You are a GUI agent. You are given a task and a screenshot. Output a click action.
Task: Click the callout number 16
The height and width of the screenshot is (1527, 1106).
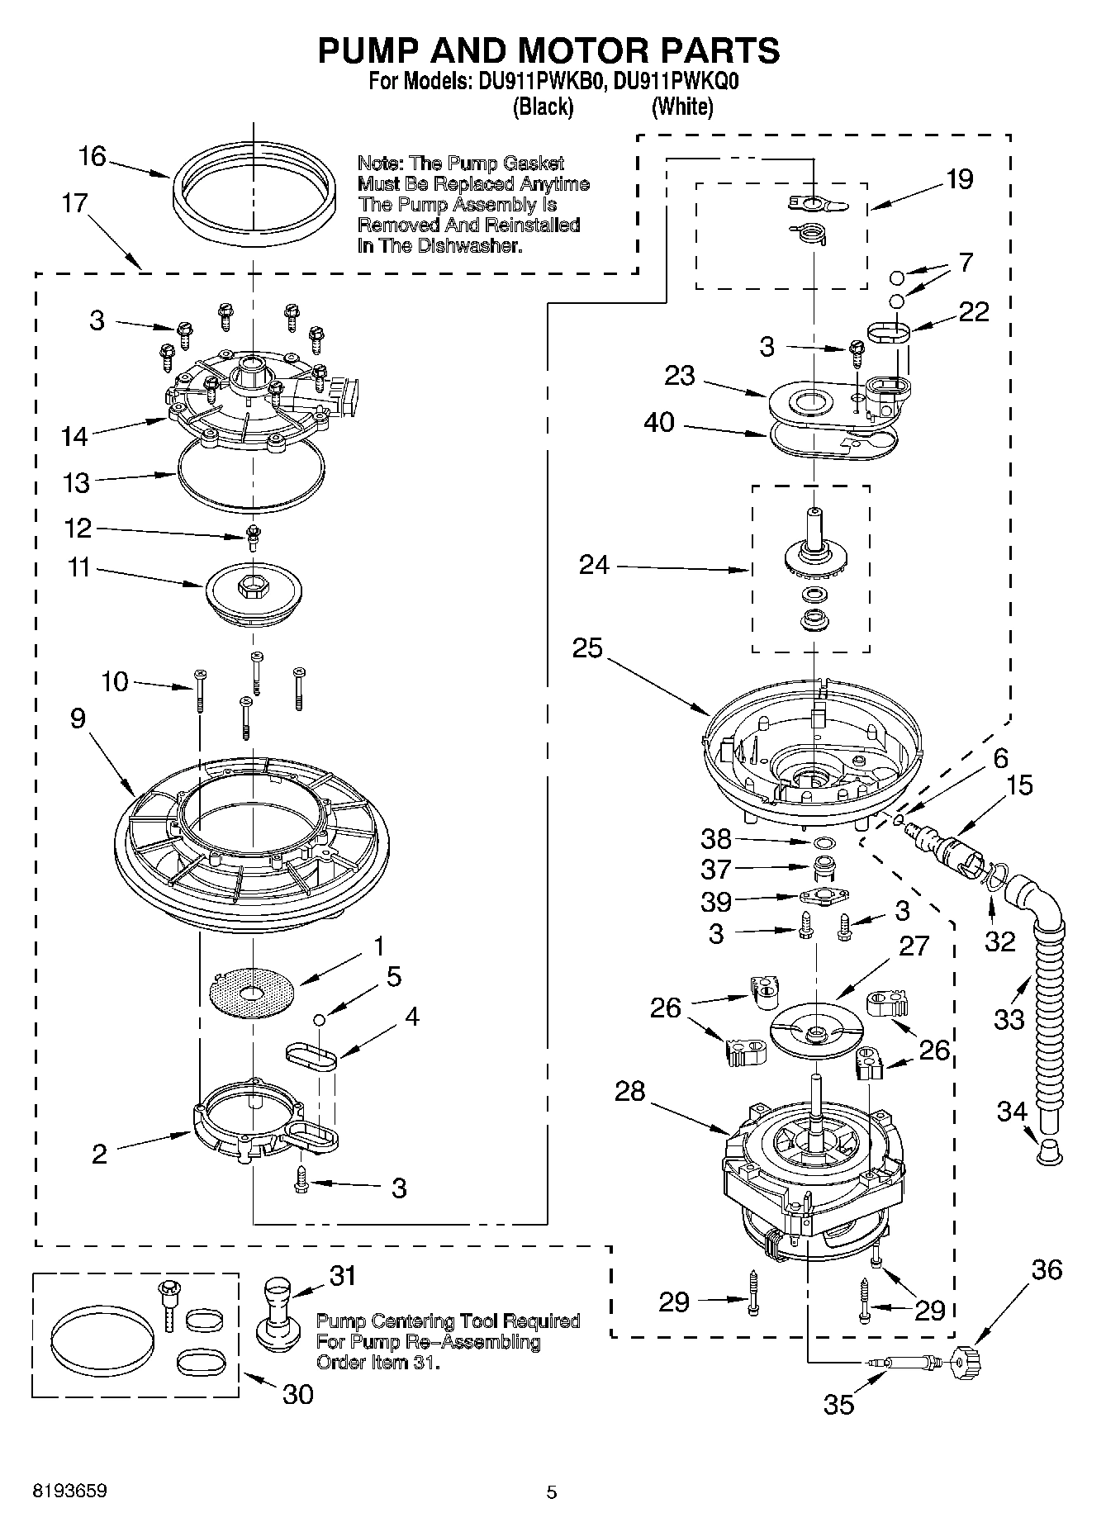coord(93,156)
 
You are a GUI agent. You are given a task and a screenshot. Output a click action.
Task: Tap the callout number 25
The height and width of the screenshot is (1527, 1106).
coord(587,648)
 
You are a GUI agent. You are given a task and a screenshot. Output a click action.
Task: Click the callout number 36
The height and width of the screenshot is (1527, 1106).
coord(1047,1269)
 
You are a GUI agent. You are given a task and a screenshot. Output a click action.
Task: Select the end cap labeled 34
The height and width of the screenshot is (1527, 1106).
coord(1048,1150)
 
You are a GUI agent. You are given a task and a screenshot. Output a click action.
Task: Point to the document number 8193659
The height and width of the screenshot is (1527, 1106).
coord(69,1491)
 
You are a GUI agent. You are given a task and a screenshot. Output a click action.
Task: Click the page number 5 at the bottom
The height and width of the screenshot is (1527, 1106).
coord(552,1491)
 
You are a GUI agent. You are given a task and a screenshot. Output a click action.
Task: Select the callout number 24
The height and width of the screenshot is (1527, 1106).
coord(594,566)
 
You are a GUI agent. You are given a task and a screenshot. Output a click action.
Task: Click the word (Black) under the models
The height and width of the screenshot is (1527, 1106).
coord(543,107)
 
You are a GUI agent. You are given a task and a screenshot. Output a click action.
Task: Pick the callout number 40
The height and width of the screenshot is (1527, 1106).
coord(658,423)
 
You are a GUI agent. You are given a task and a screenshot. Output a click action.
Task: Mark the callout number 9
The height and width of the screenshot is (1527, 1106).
coord(77,718)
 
